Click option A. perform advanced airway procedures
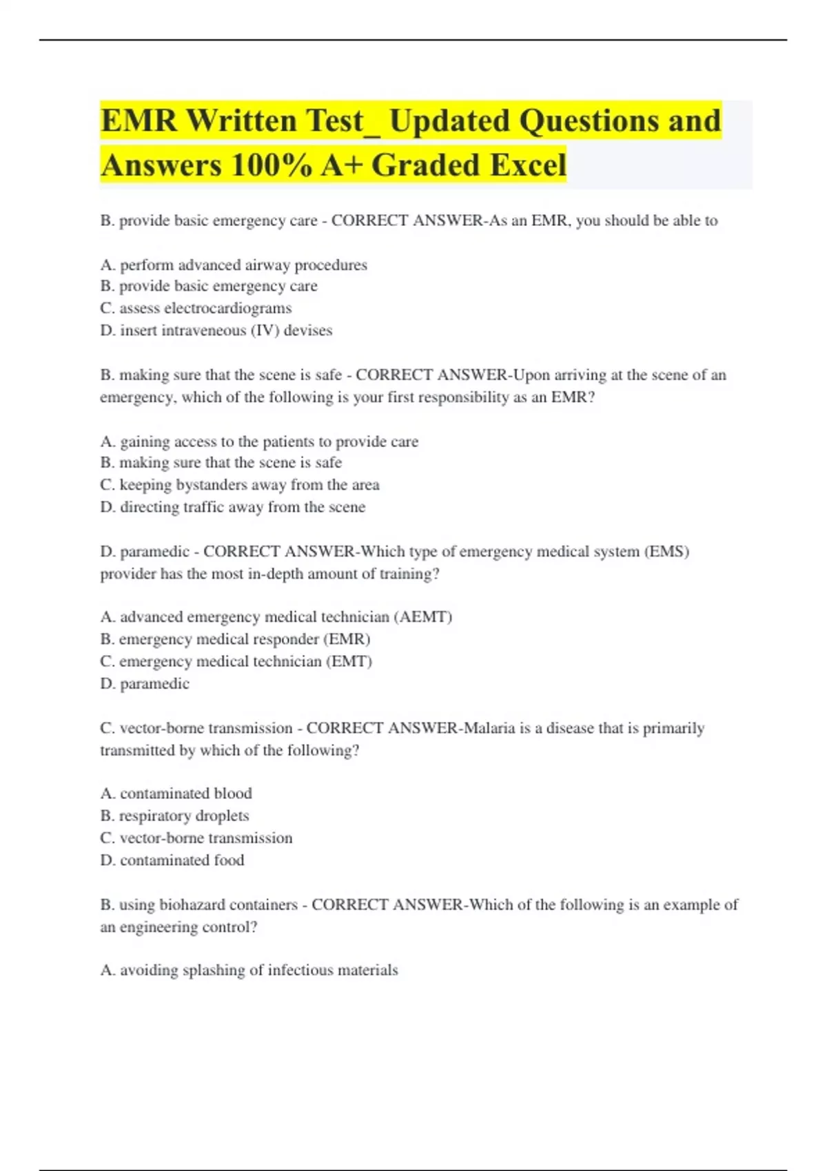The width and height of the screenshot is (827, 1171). click(x=234, y=265)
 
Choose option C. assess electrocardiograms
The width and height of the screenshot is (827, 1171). click(x=196, y=309)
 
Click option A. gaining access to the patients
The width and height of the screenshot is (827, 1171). click(x=259, y=442)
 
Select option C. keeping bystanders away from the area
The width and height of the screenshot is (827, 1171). click(x=240, y=485)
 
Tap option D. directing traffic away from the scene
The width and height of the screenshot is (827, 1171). click(x=233, y=508)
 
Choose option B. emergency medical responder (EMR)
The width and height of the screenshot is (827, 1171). click(x=235, y=639)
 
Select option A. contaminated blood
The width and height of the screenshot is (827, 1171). click(x=176, y=794)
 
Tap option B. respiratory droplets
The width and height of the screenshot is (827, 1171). click(x=174, y=816)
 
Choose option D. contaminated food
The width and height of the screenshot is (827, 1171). click(x=172, y=860)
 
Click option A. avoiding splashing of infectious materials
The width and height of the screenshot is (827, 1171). click(x=249, y=971)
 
